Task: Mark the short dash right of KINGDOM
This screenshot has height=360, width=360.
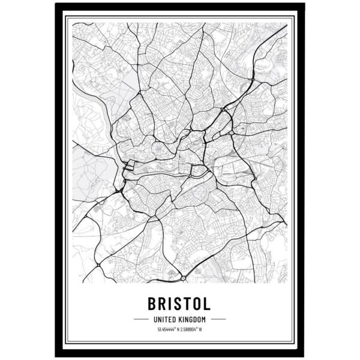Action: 218,319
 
